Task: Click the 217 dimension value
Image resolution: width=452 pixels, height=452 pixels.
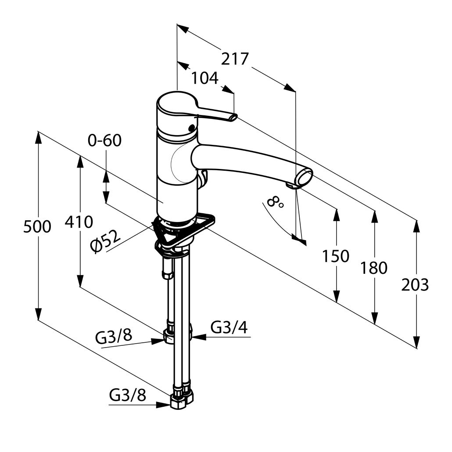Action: (x=234, y=59)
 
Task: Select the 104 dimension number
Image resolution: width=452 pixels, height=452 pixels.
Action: (x=205, y=78)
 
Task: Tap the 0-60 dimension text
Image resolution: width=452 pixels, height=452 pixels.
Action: (x=104, y=140)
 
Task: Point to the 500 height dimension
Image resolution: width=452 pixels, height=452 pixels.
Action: (x=37, y=226)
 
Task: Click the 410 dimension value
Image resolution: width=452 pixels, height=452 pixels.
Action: (x=79, y=222)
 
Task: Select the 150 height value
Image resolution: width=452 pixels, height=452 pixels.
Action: (x=336, y=256)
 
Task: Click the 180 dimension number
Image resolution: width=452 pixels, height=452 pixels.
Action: (x=374, y=268)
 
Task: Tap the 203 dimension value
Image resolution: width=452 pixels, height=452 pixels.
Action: (x=415, y=285)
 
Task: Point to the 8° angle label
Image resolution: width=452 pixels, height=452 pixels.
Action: (x=275, y=202)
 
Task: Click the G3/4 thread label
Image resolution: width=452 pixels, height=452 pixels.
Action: (x=229, y=327)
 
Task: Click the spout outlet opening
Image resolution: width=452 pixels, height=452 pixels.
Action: (x=305, y=177)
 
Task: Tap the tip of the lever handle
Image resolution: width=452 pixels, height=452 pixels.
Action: (x=233, y=117)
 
